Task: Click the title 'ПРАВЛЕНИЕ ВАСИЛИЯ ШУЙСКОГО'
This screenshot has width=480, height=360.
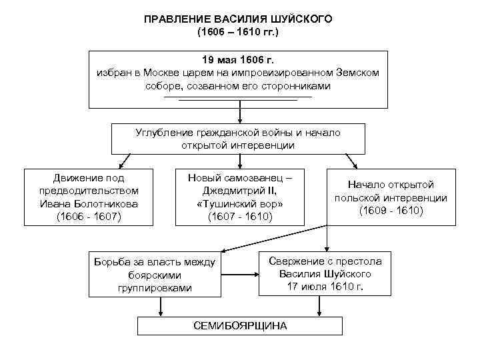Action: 238,19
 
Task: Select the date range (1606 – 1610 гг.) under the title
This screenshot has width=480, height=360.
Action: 238,31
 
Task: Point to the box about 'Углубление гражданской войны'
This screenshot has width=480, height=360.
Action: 237,139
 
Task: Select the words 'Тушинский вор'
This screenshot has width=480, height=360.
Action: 240,203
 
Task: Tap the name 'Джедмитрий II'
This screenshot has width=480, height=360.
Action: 240,191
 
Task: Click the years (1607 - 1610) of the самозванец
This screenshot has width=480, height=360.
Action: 240,216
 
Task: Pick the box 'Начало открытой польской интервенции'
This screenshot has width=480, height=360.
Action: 391,197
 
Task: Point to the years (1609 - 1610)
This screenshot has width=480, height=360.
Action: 391,210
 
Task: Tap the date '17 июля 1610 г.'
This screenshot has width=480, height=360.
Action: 325,287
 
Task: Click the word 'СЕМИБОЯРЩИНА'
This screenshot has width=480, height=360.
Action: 239,326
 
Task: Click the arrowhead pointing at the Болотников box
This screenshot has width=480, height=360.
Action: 121,167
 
